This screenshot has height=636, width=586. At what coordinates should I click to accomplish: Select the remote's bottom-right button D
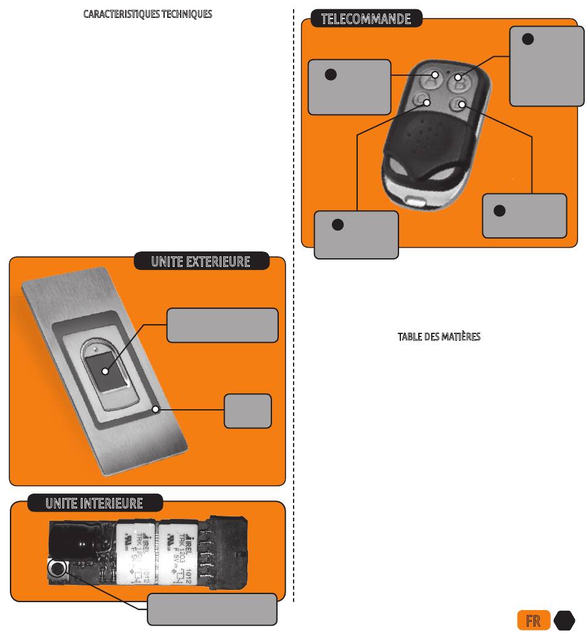coord(458,104)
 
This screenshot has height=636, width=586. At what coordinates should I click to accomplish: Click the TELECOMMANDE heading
coord(366,19)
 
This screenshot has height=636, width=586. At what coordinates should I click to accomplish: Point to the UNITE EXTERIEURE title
coord(201,262)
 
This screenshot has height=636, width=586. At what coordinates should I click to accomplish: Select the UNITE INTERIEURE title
coord(94,503)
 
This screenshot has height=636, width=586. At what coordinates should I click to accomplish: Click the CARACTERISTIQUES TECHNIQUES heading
coord(147,14)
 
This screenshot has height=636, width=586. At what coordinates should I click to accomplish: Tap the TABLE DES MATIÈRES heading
coord(439,337)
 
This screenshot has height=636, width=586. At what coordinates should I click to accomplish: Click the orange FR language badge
coord(532,621)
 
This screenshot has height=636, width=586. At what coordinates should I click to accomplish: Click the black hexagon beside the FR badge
coord(564,621)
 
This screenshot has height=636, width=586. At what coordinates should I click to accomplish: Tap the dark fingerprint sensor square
coord(104,372)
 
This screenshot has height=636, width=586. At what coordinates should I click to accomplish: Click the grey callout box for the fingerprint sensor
coord(222,325)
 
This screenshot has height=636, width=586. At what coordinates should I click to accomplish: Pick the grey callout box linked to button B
coord(547,67)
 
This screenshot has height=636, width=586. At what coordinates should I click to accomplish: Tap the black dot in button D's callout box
coord(500,211)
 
